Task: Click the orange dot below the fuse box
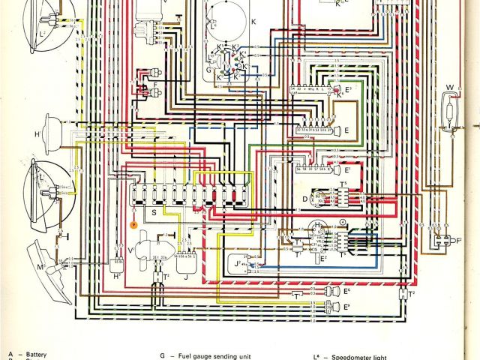(133, 223)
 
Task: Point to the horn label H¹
(37, 134)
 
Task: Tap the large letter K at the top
(253, 23)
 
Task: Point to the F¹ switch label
(458, 240)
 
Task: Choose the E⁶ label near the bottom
(346, 290)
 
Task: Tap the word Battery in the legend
(36, 354)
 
